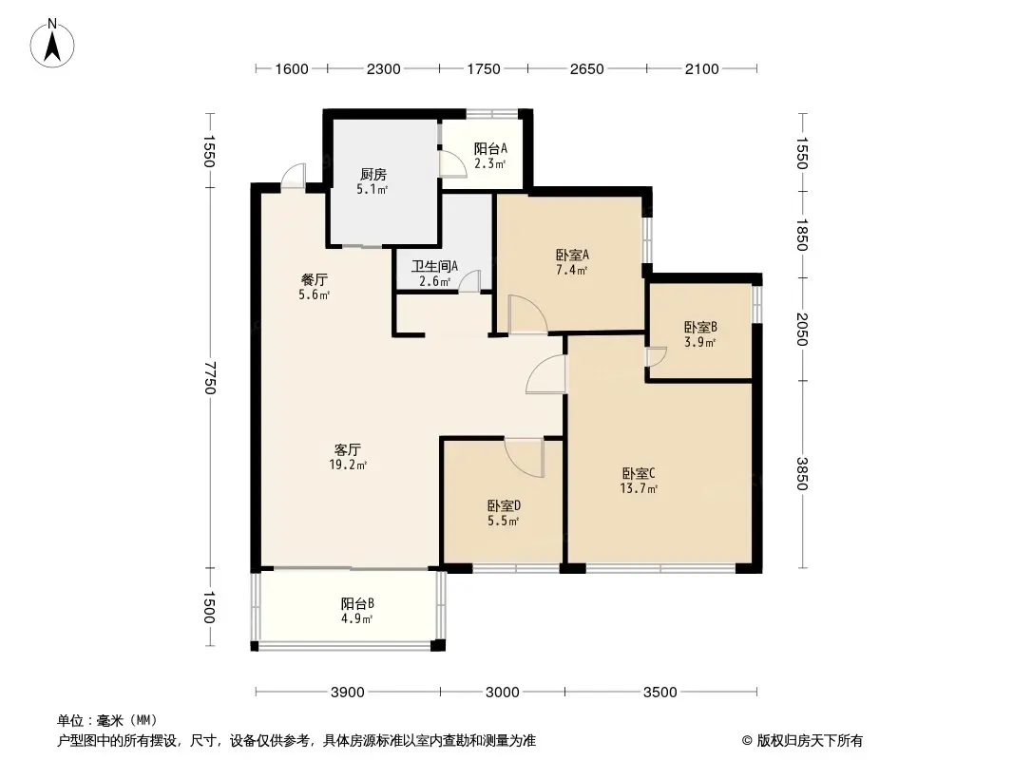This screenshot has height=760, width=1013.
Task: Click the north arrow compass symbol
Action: [52, 44]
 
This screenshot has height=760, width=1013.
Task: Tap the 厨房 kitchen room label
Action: [373, 175]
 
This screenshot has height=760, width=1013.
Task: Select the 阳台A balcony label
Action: [490, 148]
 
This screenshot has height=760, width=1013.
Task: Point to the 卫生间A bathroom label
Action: [435, 266]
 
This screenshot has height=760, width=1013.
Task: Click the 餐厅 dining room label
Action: [314, 279]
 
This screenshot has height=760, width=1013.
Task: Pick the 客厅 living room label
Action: [348, 449]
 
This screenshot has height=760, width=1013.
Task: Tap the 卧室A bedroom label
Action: [572, 255]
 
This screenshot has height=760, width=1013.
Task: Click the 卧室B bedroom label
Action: [700, 328]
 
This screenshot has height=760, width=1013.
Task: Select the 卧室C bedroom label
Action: [639, 473]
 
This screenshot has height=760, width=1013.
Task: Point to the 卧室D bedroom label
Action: [504, 505]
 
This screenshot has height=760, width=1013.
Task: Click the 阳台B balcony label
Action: [357, 604]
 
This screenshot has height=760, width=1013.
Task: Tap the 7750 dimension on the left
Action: [209, 378]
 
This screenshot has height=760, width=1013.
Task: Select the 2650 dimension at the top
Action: [586, 68]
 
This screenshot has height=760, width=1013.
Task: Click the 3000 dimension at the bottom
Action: [502, 693]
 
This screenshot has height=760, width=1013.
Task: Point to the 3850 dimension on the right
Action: [802, 473]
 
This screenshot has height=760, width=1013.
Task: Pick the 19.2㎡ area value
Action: [348, 465]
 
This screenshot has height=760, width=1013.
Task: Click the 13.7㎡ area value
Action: [639, 488]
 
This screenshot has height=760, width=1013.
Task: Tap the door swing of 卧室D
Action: [524, 457]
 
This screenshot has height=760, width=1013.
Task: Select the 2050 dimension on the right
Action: [802, 330]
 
